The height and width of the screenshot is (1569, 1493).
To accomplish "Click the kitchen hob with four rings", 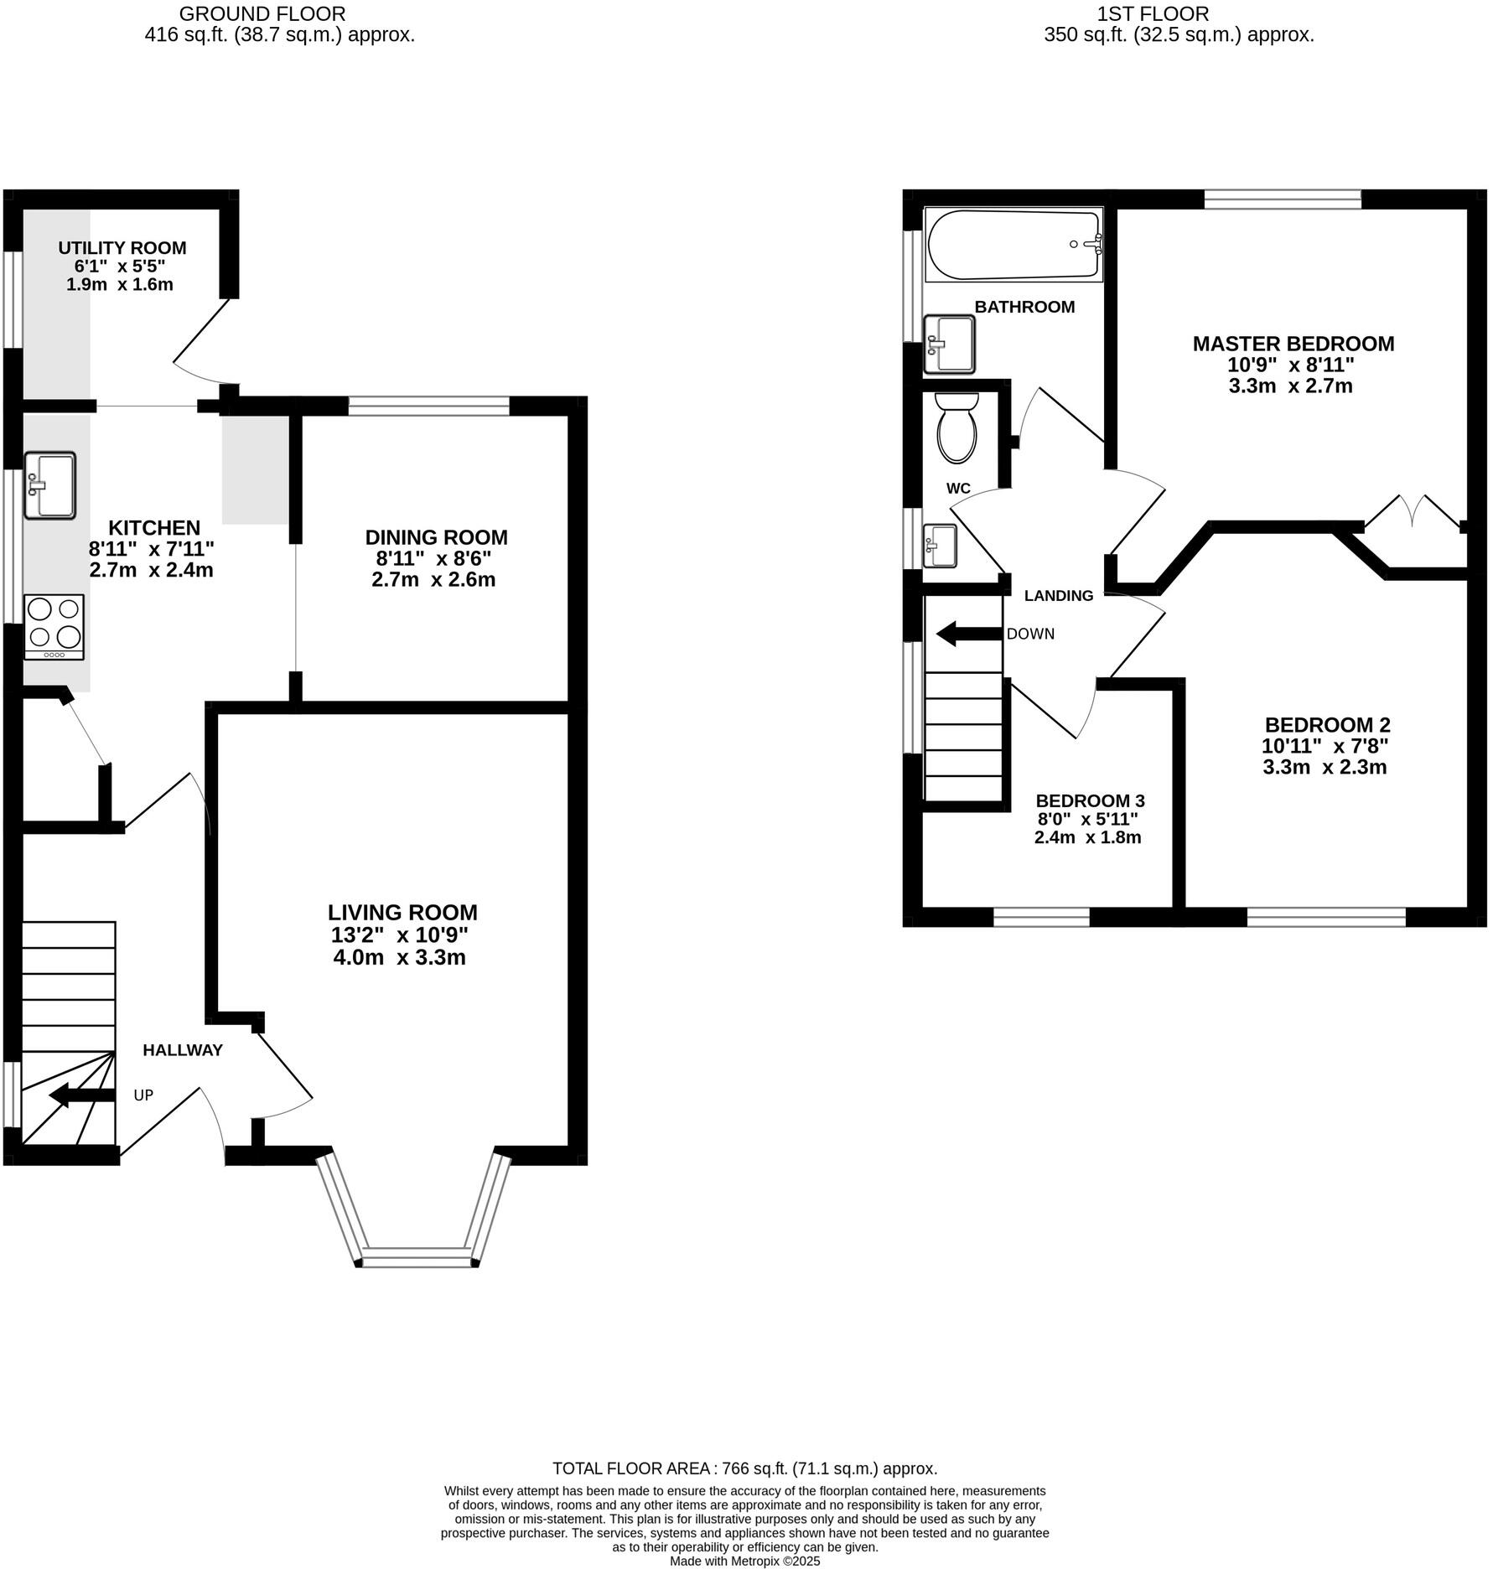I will [54, 626].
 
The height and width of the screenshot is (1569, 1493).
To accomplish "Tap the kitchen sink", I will [49, 485].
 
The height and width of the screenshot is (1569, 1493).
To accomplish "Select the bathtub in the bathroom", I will [1013, 245].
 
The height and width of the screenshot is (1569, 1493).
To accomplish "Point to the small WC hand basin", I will [940, 546].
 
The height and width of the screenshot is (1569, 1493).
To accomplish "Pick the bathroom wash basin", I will [949, 344].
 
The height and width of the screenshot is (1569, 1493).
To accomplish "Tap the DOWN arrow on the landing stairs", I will [968, 634].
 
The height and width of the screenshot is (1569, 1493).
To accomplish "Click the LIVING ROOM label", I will [402, 913].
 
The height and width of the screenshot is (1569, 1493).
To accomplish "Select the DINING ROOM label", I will [436, 537].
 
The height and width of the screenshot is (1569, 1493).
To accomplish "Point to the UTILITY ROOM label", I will [122, 248].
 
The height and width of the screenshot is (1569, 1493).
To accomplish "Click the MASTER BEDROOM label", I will [1293, 344].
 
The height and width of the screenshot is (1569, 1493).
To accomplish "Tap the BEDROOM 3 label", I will [1090, 800].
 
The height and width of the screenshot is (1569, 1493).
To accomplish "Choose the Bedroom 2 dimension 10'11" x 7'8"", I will [1325, 746].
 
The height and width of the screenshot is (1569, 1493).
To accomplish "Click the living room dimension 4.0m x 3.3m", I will [399, 957].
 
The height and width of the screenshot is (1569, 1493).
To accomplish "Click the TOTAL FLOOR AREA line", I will [744, 1468].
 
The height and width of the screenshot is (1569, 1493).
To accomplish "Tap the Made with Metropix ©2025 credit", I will [744, 1561].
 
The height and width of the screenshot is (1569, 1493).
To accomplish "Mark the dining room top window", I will [428, 406].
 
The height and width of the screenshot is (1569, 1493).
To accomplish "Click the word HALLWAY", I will [183, 1050].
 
